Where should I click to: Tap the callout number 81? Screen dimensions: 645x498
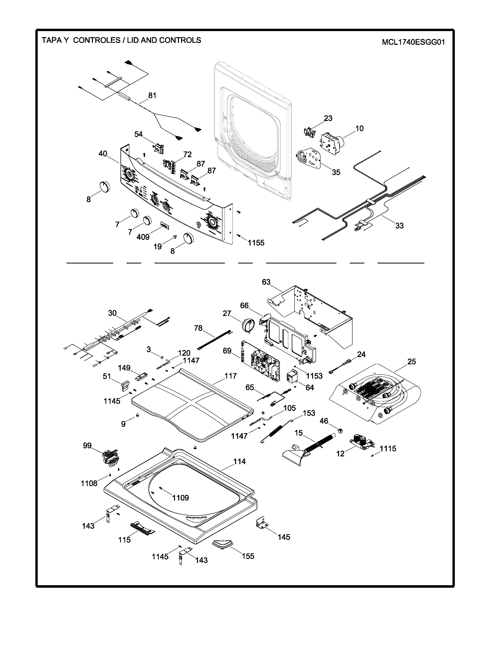point(152,95)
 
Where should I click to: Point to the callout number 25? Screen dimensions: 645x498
point(411,361)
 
